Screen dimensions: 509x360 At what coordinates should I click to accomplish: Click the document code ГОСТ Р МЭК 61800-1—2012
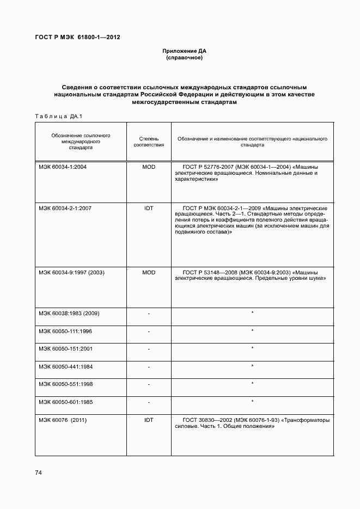77,37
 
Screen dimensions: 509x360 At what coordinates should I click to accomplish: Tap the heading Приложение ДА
184,51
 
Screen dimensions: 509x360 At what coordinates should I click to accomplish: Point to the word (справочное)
184,57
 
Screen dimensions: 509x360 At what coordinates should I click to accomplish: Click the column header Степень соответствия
149,142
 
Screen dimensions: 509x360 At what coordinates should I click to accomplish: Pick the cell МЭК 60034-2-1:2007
65,208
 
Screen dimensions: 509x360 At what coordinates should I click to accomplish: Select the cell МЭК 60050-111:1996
65,331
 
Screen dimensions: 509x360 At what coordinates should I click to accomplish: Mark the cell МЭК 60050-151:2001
65,348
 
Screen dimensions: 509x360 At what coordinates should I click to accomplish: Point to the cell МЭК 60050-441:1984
65,366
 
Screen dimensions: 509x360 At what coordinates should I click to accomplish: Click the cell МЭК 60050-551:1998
65,384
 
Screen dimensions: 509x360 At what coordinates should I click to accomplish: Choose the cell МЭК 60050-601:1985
65,402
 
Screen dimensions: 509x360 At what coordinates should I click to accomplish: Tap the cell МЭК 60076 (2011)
63,420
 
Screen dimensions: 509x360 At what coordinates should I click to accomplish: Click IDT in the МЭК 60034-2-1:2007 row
149,208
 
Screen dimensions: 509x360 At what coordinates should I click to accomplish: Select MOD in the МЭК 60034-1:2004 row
149,167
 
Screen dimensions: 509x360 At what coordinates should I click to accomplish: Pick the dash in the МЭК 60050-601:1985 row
149,402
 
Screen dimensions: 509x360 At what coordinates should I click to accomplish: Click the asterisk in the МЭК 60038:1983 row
253,312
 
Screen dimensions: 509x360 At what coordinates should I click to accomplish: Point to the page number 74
39,473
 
